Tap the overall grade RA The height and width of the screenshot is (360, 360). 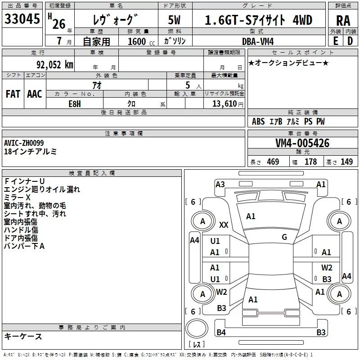(343, 20)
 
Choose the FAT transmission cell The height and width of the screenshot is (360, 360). (13, 94)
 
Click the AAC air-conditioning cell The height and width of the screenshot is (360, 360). (35, 94)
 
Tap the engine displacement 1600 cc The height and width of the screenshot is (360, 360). (136, 41)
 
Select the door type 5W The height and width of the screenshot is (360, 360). (175, 20)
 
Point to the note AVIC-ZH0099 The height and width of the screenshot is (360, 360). (24, 143)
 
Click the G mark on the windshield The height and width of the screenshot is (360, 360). (284, 237)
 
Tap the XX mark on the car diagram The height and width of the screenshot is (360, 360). (224, 225)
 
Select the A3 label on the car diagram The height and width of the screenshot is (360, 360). (220, 184)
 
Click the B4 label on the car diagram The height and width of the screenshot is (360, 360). (221, 333)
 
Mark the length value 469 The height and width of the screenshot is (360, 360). (273, 162)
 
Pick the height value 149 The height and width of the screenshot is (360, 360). (346, 162)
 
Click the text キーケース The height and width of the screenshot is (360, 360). (23, 336)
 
